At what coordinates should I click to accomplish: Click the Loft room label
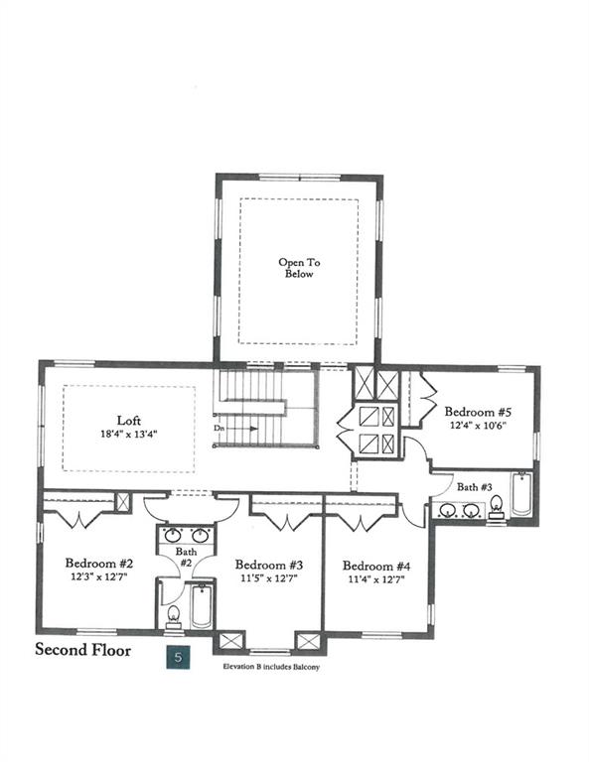(x=129, y=421)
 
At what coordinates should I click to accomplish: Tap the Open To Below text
(x=299, y=268)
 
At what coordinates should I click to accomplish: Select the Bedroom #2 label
(x=99, y=564)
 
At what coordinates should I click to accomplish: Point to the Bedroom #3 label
(x=269, y=565)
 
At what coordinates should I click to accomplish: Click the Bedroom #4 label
(x=376, y=567)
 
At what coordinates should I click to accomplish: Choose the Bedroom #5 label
(x=478, y=412)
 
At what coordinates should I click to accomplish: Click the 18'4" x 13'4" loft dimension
(x=129, y=434)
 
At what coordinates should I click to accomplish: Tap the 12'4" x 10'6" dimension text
(x=478, y=426)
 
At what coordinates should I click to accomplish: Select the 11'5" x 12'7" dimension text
(x=269, y=578)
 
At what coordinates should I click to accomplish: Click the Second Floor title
(x=83, y=650)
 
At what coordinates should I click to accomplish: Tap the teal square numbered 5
(x=178, y=657)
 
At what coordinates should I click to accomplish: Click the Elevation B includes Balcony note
(x=271, y=667)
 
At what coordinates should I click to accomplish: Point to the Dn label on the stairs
(x=219, y=429)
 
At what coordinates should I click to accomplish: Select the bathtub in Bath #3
(x=521, y=494)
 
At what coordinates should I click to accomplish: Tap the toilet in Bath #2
(x=174, y=616)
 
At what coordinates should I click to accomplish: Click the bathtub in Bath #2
(x=201, y=606)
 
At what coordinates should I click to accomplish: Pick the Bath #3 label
(x=474, y=487)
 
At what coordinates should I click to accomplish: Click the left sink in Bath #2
(x=171, y=536)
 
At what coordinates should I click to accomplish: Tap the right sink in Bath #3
(x=471, y=510)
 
